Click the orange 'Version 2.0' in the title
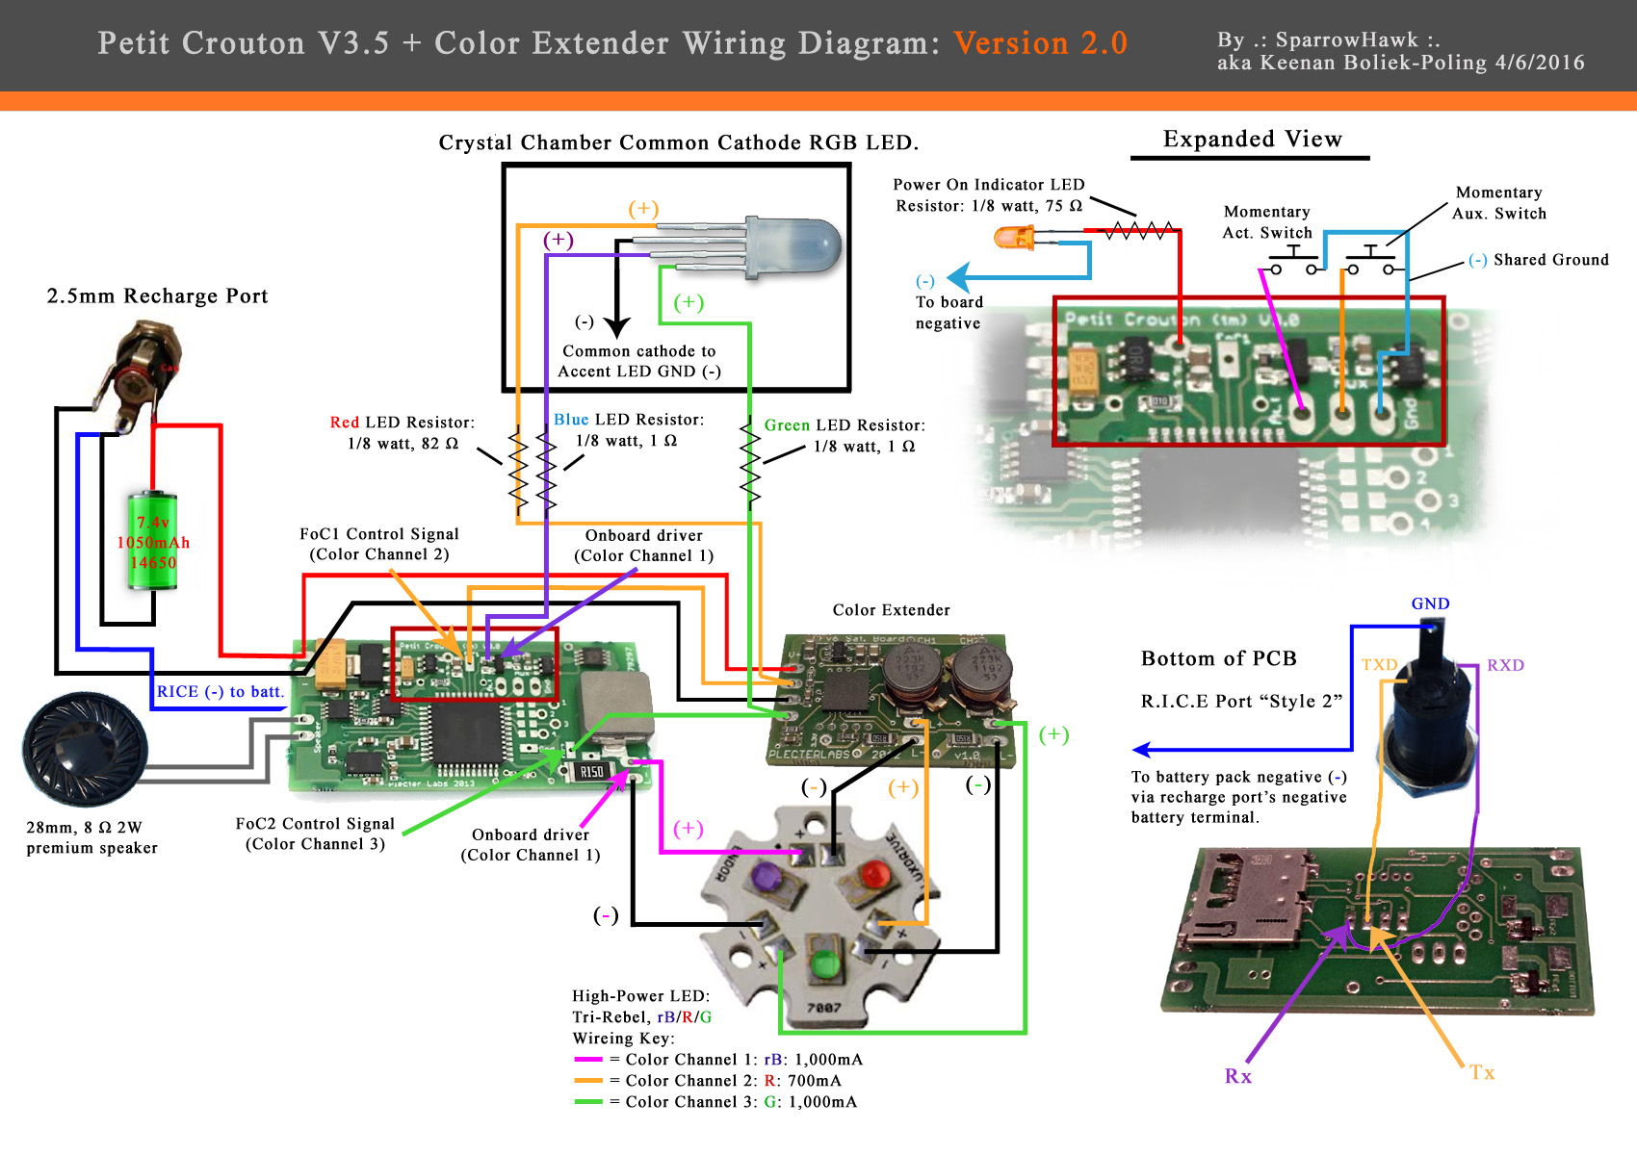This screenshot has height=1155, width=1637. (x=1040, y=43)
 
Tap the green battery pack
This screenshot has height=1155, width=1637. (x=153, y=541)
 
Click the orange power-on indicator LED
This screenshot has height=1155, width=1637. (x=1014, y=237)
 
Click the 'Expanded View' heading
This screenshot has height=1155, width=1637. (x=1252, y=140)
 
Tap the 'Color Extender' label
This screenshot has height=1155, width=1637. (x=891, y=610)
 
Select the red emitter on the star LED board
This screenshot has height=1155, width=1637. (x=874, y=875)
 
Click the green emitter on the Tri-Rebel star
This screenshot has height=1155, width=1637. (x=824, y=962)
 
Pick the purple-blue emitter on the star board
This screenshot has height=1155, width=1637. (x=767, y=877)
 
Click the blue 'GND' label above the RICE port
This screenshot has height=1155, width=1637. (x=1430, y=604)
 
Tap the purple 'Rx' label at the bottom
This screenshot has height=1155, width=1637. (x=1238, y=1076)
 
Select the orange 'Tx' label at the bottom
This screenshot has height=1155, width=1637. (x=1482, y=1073)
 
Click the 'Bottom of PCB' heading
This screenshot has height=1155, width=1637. (x=1218, y=658)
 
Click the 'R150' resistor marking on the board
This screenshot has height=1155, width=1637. (x=591, y=772)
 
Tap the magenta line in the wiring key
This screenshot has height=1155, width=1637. (x=587, y=1060)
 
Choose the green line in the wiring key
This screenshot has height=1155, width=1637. (x=587, y=1102)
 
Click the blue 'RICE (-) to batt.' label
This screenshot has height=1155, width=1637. (x=220, y=692)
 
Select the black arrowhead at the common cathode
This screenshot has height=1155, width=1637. (x=616, y=327)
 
